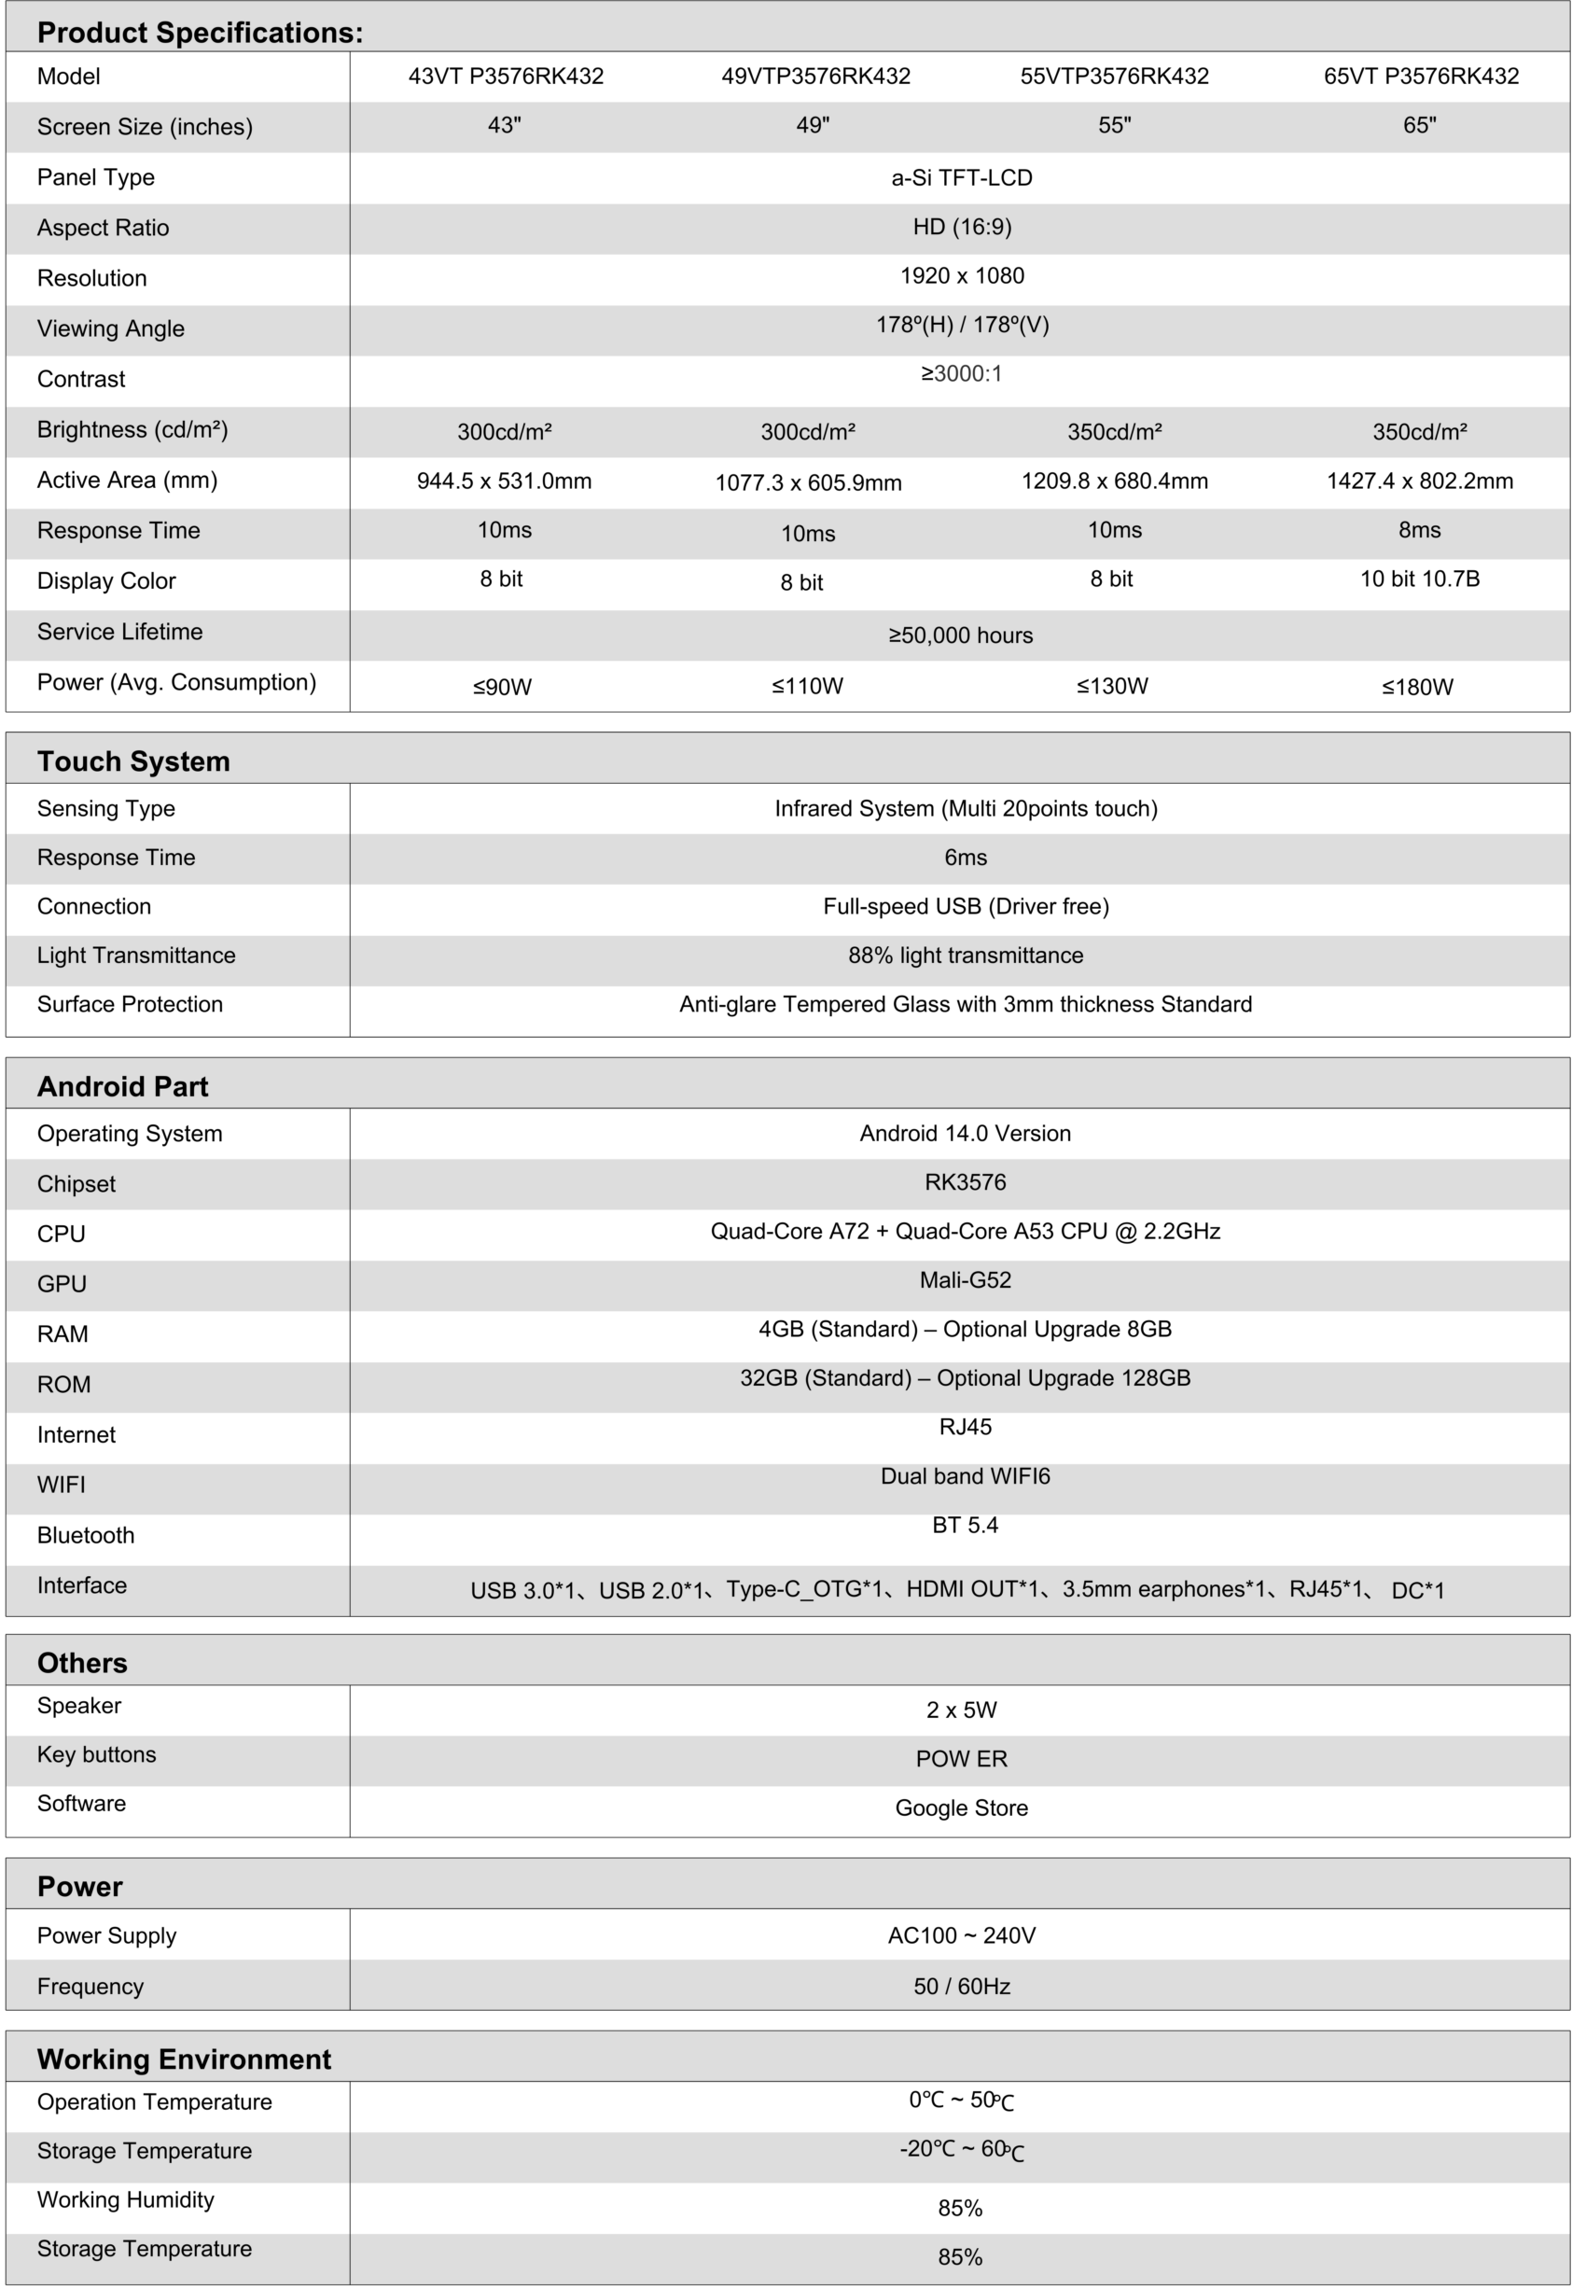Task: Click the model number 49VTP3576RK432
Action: [815, 76]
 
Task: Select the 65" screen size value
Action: [1419, 125]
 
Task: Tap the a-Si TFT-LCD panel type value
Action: [961, 177]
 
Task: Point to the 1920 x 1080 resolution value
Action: [961, 276]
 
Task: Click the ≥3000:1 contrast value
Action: [961, 373]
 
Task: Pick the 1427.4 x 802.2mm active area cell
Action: [1419, 481]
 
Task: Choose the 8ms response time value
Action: [1419, 530]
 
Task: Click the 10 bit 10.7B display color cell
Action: [1419, 579]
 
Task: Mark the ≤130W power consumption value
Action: [1112, 687]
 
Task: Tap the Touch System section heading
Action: [134, 761]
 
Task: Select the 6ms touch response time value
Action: [966, 857]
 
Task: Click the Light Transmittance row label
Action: [136, 956]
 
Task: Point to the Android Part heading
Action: [123, 1086]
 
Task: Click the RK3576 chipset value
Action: [966, 1182]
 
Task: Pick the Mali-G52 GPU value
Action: [966, 1279]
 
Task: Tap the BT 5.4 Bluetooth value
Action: [966, 1525]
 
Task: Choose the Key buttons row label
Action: [96, 1754]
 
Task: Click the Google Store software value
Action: [961, 1807]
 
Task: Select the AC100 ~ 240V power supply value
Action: [961, 1935]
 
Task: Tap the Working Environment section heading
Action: [184, 2059]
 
